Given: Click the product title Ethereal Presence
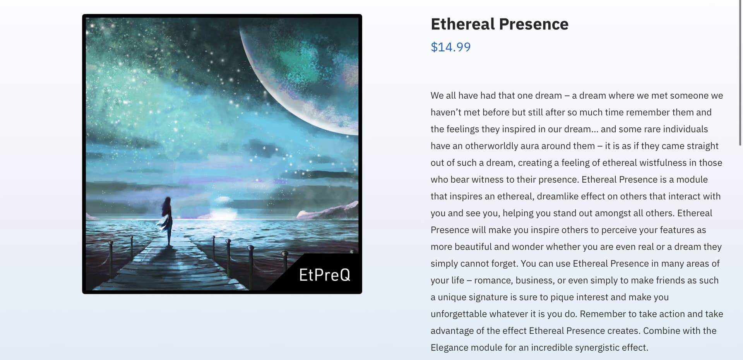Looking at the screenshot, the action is click(x=499, y=24).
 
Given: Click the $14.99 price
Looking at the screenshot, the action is click(x=450, y=47).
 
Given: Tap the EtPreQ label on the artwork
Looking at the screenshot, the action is click(x=325, y=275).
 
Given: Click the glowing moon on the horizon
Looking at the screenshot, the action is click(x=223, y=209).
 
